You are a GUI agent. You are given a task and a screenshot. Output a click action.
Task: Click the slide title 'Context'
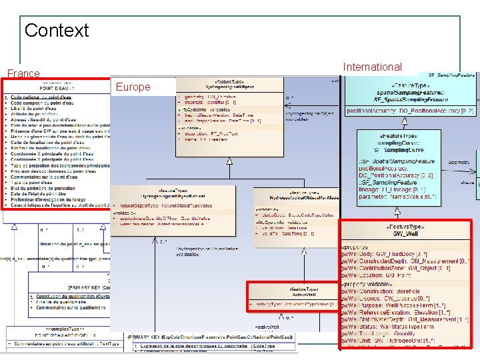[57, 30]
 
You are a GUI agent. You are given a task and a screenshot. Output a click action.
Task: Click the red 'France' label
[23, 73]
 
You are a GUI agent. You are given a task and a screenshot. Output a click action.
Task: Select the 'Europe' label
[133, 87]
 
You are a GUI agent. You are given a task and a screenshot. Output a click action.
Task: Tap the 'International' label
[372, 67]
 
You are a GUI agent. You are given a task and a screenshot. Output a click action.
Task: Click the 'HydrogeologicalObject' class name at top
[231, 87]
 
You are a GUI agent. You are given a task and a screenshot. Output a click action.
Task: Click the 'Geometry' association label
[459, 162]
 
